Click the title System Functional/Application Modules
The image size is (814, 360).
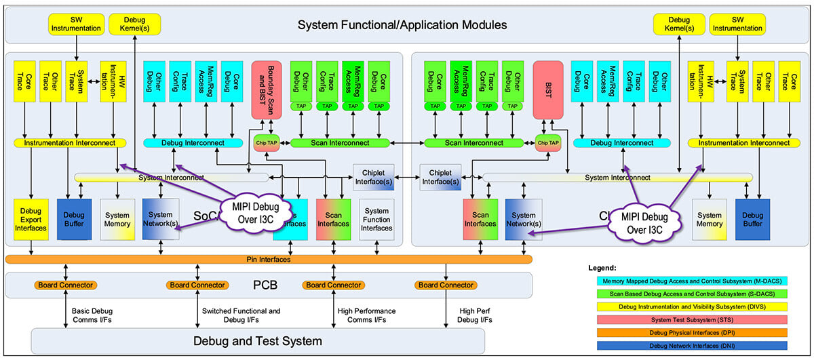pos(403,26)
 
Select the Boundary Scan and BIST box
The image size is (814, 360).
pos(267,90)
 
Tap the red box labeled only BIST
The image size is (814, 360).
pos(548,90)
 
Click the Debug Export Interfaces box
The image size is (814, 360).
pos(31,219)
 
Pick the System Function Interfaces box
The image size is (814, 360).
pos(376,219)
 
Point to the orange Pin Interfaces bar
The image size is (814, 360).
pos(269,259)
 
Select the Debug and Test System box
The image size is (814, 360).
pos(258,340)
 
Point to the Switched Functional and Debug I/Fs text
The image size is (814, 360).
pos(241,315)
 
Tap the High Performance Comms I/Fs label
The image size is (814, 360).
pos(366,315)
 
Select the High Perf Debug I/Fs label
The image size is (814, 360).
pos(475,315)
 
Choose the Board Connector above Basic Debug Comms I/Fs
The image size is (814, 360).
pos(66,285)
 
